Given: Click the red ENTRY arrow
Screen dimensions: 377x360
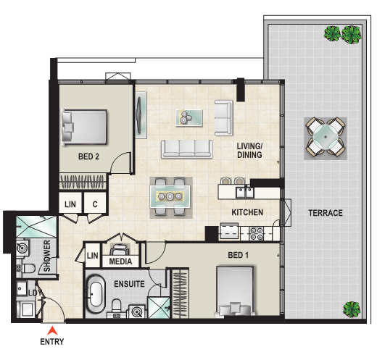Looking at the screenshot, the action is [x=52, y=330].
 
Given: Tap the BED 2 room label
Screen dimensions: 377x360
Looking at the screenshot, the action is [x=88, y=156].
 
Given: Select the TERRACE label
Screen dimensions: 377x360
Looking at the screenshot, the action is [x=326, y=213].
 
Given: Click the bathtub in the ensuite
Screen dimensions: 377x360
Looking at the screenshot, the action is [x=96, y=295].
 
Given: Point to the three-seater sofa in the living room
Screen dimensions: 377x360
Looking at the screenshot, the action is [x=187, y=149].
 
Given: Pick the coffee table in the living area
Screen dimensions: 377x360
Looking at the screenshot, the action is [x=189, y=117].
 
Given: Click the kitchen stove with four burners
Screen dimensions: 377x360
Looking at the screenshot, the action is [x=256, y=233].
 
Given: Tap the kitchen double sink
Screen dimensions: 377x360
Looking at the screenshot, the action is [x=245, y=192].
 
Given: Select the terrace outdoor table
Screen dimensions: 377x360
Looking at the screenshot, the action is [x=326, y=138].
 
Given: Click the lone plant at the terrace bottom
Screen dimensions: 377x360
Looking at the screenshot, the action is [x=352, y=309].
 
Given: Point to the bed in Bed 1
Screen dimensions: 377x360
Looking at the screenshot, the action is [x=235, y=290].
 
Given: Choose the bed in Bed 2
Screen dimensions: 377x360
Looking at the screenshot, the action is [x=84, y=127].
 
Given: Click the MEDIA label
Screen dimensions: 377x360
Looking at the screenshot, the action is [x=120, y=261].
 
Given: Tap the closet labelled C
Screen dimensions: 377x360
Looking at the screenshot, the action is [x=95, y=204].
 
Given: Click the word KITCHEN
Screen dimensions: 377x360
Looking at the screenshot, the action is [x=247, y=212].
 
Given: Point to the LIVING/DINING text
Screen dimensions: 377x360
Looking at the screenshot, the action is [x=249, y=151].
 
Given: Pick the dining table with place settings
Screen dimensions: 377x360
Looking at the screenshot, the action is [x=170, y=196].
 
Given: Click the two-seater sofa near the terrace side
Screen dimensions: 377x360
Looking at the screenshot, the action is [x=223, y=118].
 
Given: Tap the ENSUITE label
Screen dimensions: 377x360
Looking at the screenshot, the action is [x=129, y=284].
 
